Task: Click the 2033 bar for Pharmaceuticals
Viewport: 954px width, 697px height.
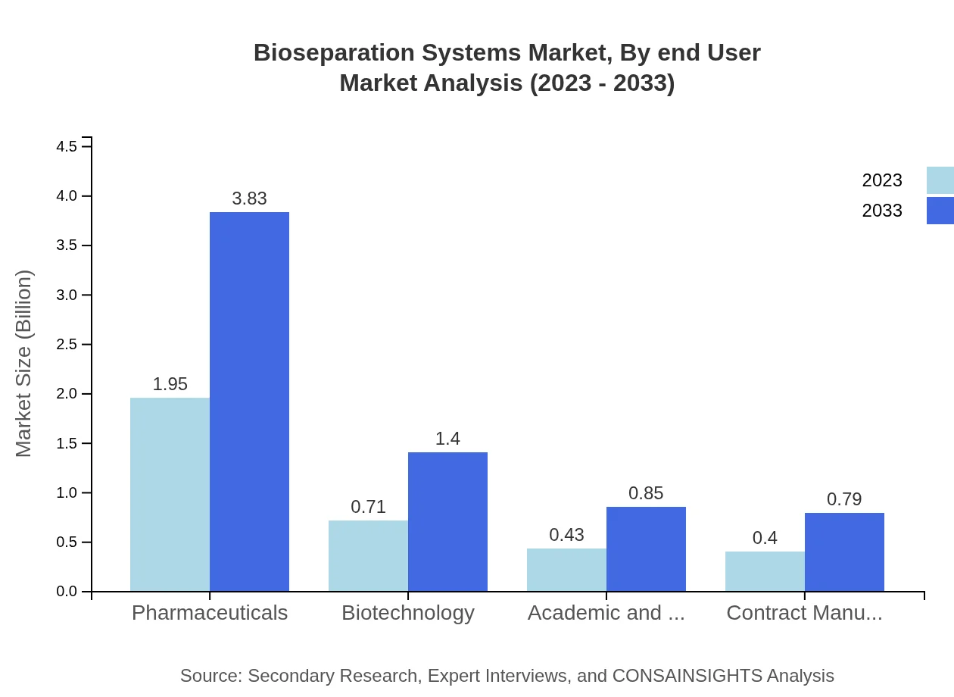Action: point(249,402)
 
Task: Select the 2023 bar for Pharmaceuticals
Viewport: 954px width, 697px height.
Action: point(170,494)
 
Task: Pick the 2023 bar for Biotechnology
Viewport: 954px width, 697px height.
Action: point(368,555)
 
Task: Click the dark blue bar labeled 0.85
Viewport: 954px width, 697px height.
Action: point(646,549)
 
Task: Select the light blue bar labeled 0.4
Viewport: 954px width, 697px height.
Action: point(765,571)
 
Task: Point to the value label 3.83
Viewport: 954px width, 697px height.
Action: point(249,198)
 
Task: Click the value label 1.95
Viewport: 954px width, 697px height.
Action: point(170,384)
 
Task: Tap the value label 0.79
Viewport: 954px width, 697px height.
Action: point(844,499)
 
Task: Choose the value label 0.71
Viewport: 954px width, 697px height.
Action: point(368,507)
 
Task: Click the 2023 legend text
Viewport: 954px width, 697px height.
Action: point(882,180)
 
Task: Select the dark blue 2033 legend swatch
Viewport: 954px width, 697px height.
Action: point(940,211)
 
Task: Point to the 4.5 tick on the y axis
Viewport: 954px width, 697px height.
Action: point(67,146)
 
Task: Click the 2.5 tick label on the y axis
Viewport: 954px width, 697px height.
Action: point(67,345)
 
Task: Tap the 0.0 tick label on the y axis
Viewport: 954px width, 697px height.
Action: point(67,592)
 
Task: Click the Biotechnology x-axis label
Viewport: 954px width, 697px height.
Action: point(408,612)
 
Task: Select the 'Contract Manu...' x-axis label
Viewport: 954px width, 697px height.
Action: point(804,612)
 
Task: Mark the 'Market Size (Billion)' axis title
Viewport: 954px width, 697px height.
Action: point(24,364)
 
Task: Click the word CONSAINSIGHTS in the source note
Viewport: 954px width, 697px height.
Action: point(687,676)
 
